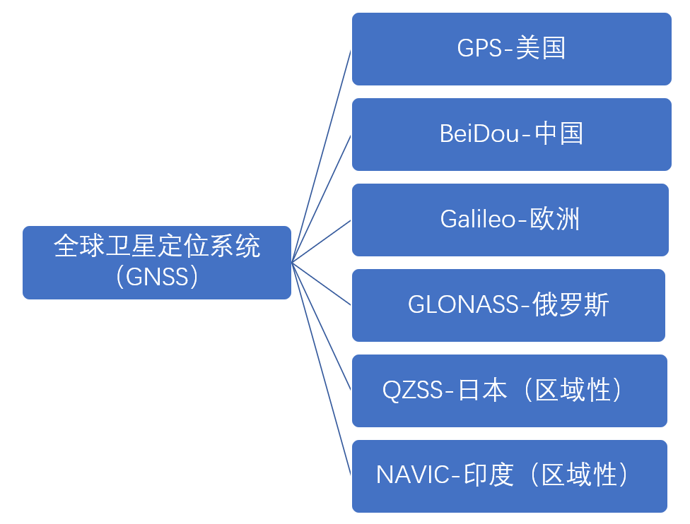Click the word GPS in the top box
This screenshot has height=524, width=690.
click(x=479, y=48)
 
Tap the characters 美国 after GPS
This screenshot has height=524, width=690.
click(x=541, y=48)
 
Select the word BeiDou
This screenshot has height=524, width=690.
click(x=479, y=133)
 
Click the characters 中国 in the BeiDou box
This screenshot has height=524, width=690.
click(x=559, y=133)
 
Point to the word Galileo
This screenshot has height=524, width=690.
click(x=477, y=219)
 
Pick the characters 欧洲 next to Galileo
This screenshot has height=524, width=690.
click(x=554, y=219)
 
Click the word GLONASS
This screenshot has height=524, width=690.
click(x=463, y=304)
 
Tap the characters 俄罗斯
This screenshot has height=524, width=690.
click(x=571, y=304)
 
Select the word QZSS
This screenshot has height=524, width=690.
click(x=412, y=391)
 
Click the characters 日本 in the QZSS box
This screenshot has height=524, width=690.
click(x=482, y=391)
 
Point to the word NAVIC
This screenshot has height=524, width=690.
click(x=413, y=475)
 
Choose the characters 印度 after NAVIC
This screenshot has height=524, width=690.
click(x=489, y=475)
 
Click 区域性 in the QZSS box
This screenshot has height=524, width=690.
click(x=572, y=391)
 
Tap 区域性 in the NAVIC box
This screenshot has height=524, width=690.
click(x=578, y=475)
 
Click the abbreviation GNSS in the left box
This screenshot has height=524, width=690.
click(x=157, y=277)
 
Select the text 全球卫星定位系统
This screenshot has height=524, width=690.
click(x=157, y=246)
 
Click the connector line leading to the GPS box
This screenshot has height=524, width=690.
click(x=321, y=157)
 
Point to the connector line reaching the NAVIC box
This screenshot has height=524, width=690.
click(x=321, y=369)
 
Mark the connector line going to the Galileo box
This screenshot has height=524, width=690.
click(x=321, y=242)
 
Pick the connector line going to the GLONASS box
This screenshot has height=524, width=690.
click(x=321, y=284)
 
